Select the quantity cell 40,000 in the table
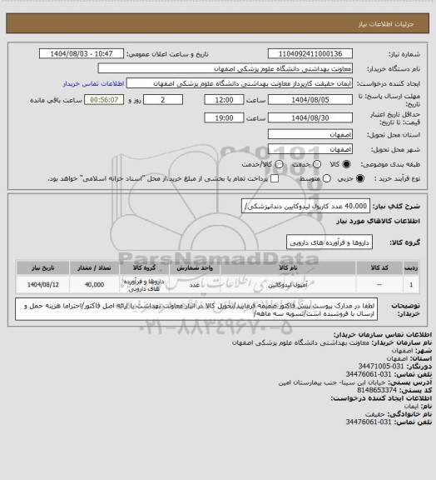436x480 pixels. (x=93, y=284)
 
